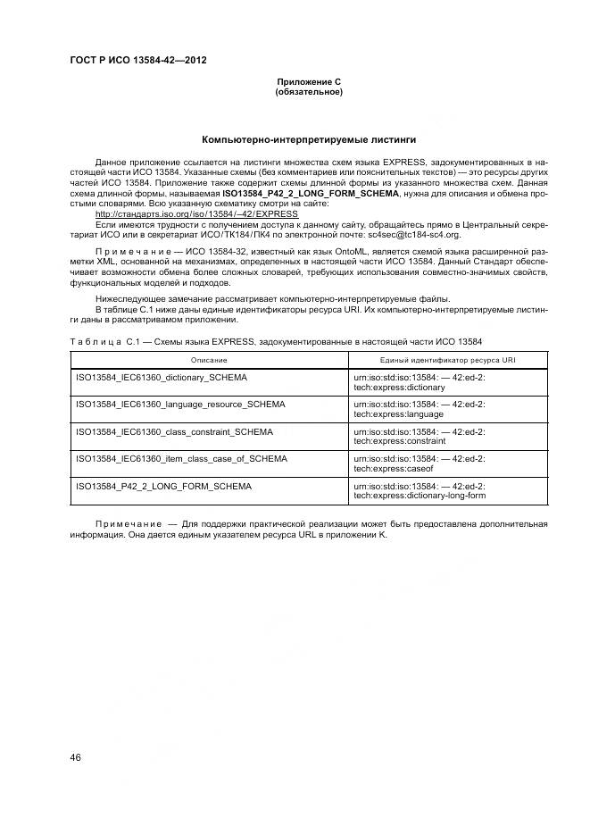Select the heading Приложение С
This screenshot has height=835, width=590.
[309, 82]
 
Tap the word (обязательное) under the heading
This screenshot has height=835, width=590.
[309, 92]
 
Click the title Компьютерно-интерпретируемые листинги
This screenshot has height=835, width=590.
[309, 140]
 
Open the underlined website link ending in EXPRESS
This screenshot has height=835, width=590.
[196, 214]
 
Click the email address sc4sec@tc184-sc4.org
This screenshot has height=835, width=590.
[416, 234]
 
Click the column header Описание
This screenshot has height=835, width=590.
[208, 359]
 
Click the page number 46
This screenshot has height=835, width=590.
[76, 759]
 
